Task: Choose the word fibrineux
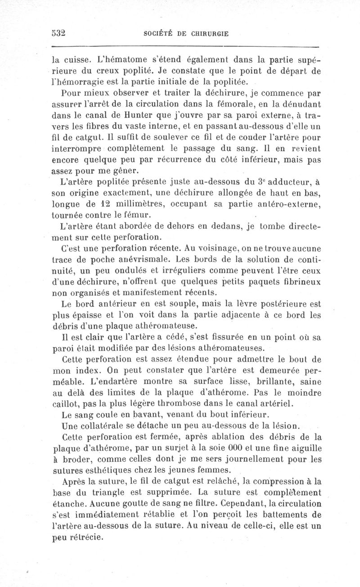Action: coord(298,281)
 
